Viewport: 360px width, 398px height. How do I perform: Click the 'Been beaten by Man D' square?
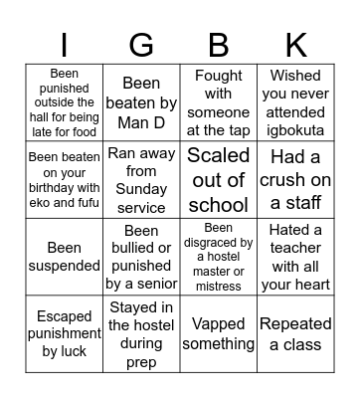point(141,100)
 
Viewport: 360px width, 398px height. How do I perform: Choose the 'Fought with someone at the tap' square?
point(219,100)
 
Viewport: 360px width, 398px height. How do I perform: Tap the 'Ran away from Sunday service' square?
point(141,179)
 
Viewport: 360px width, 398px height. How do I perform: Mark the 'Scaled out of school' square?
point(219,179)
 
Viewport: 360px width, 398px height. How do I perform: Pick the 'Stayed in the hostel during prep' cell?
point(141,334)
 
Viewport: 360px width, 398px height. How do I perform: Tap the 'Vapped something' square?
point(219,334)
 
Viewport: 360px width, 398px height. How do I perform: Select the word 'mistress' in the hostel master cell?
point(219,287)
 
